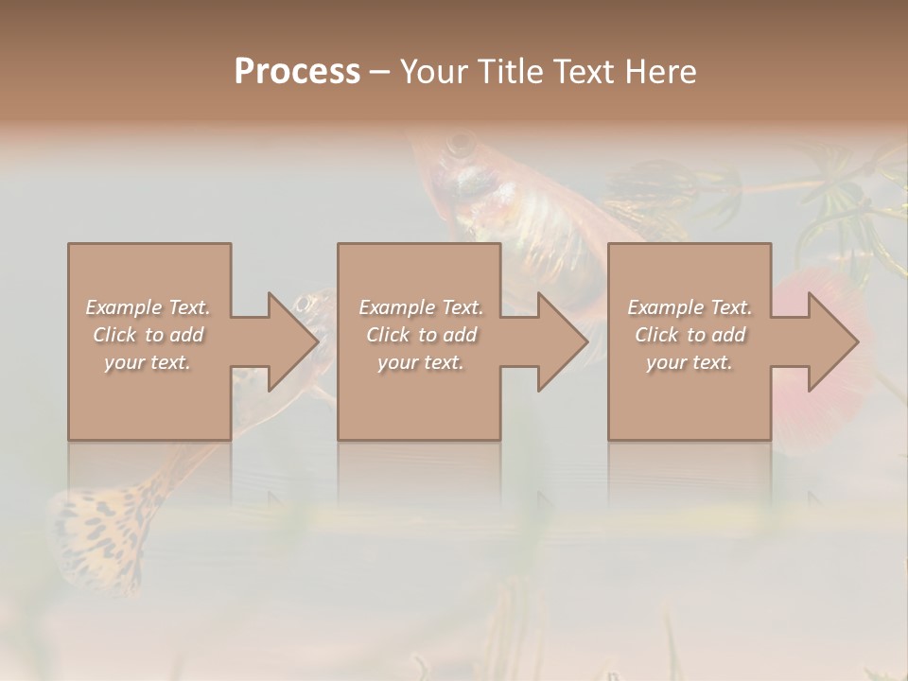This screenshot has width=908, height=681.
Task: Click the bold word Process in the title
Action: coord(297,72)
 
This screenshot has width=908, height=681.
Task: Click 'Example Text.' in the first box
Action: coord(148,307)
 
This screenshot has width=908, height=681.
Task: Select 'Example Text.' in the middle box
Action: coord(420,307)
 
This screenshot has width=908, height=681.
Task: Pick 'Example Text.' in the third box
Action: coord(690,307)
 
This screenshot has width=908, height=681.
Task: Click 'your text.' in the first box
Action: coord(148,362)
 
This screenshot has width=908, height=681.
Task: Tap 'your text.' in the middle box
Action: coord(420,362)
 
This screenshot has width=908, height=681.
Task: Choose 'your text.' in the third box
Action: coord(690,362)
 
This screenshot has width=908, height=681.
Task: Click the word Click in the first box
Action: coord(115,335)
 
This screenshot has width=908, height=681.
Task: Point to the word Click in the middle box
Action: coord(389,335)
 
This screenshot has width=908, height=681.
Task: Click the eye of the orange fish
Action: coord(463,145)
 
